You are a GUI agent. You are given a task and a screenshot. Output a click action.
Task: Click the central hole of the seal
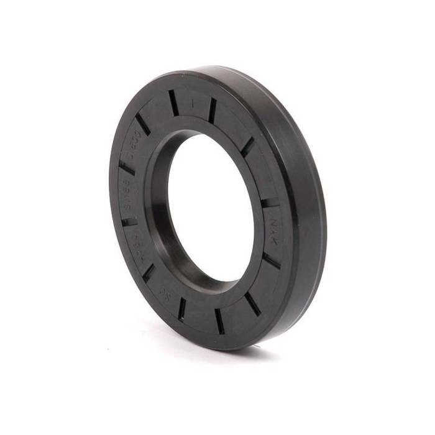point(211,205)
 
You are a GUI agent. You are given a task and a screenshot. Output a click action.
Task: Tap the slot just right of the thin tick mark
point(213,110)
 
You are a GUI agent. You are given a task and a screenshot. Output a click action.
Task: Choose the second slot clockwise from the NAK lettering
point(252,303)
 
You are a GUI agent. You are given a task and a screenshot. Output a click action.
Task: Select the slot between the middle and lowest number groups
point(130,219)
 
